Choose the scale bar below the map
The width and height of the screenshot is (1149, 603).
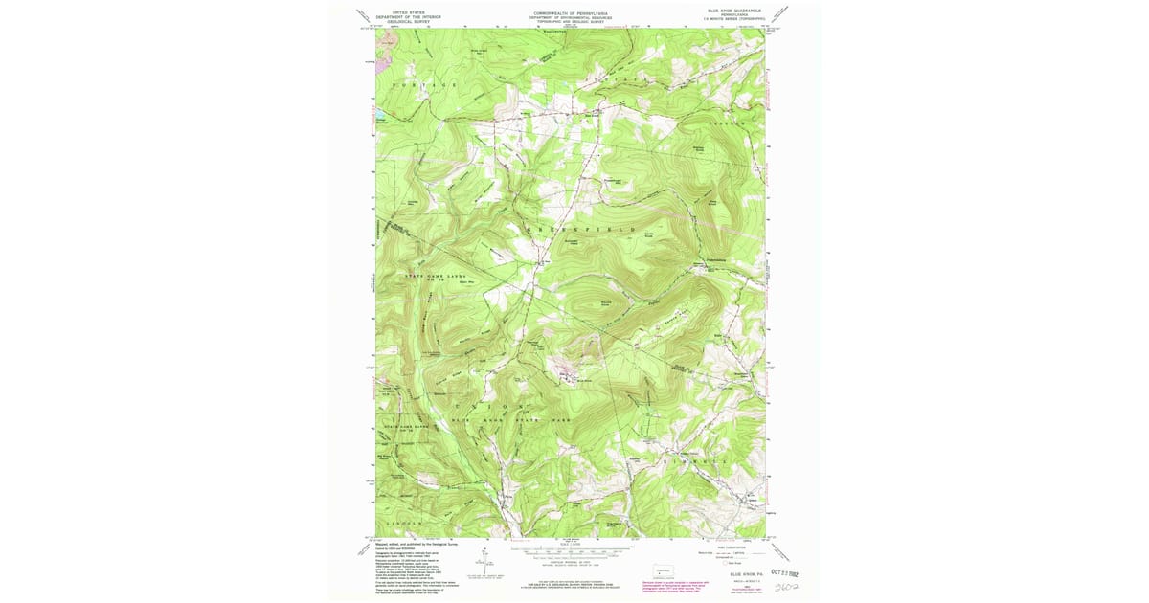[x=573, y=551]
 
